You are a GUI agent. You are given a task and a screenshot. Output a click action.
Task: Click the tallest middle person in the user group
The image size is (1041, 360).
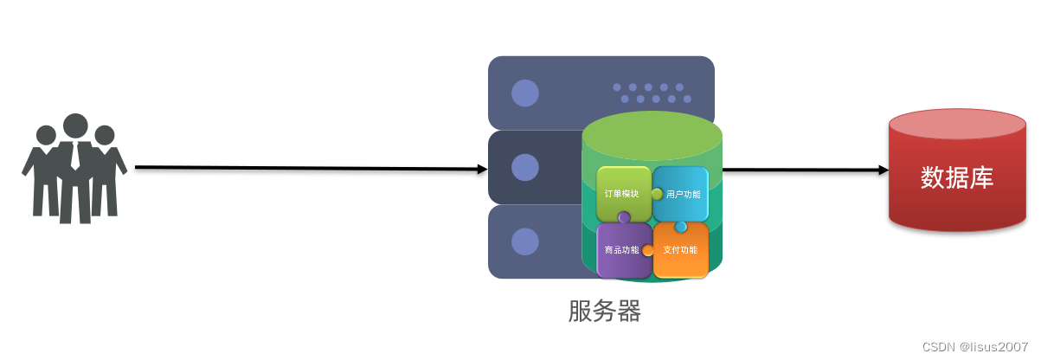(x=75, y=164)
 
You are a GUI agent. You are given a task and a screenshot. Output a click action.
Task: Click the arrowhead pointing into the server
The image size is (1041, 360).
(x=482, y=170)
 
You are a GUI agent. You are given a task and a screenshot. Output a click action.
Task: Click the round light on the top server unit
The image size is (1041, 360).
(x=524, y=93)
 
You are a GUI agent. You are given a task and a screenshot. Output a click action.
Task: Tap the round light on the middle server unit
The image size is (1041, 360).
(x=524, y=167)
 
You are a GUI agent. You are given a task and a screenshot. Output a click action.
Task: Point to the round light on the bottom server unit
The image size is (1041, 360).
(x=524, y=241)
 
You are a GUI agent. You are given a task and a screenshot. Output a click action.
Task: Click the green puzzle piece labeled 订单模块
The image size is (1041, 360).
(x=622, y=193)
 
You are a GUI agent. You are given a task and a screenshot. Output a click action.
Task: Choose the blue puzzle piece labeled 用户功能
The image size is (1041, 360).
(x=683, y=193)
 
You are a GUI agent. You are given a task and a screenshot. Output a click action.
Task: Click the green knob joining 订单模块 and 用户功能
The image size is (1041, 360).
(x=657, y=194)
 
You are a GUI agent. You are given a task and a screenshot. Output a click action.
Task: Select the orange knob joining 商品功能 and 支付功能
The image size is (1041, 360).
(x=647, y=251)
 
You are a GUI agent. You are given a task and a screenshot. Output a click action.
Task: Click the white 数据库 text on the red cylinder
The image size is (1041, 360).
(x=957, y=178)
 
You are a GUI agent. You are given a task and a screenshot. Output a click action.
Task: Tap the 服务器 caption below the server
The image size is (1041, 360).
(x=605, y=311)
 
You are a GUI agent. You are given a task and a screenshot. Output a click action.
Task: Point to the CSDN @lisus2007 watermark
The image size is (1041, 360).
(x=975, y=346)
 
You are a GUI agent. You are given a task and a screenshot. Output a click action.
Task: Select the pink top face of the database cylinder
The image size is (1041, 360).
(x=958, y=125)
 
